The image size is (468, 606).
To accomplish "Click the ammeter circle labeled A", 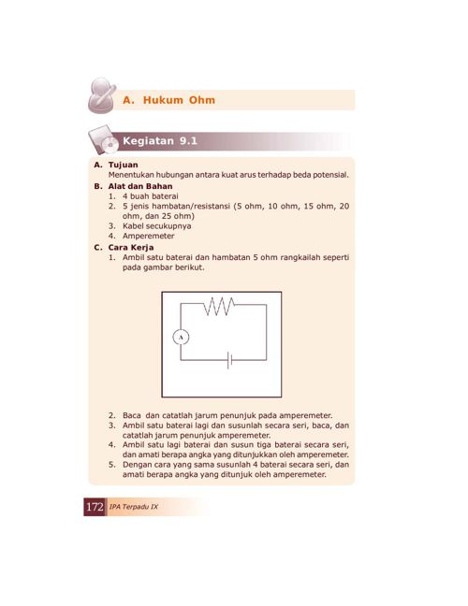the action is pyautogui.click(x=181, y=338).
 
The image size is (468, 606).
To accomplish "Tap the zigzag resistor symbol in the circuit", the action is pyautogui.click(x=218, y=306).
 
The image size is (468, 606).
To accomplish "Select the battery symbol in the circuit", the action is pyautogui.click(x=229, y=360).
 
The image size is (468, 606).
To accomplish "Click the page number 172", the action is pyautogui.click(x=95, y=507).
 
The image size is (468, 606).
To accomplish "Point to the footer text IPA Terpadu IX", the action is pyautogui.click(x=134, y=507).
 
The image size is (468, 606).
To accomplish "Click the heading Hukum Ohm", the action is pyautogui.click(x=179, y=100).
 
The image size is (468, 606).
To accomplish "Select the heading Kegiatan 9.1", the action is pyautogui.click(x=160, y=141).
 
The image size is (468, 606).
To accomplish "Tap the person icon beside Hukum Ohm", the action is pyautogui.click(x=102, y=95).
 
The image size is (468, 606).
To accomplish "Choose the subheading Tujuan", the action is pyautogui.click(x=123, y=165).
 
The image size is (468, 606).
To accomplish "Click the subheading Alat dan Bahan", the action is pyautogui.click(x=140, y=186).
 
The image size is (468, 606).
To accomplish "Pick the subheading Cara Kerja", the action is pyautogui.click(x=131, y=247).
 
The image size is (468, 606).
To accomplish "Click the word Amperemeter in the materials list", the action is pyautogui.click(x=149, y=236).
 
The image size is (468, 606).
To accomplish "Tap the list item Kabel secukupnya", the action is pyautogui.click(x=157, y=226).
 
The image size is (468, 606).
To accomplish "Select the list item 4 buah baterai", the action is pyautogui.click(x=151, y=196).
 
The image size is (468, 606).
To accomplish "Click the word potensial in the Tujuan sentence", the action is pyautogui.click(x=330, y=175).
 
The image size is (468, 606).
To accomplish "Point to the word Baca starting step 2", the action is pyautogui.click(x=132, y=415).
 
